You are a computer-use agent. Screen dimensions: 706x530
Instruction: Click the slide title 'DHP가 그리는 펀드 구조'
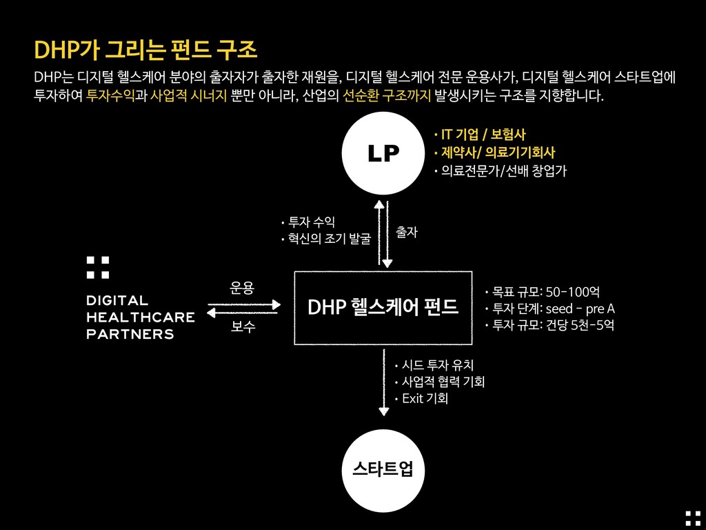tap(145, 50)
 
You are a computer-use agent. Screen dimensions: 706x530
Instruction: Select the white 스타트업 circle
tap(383, 471)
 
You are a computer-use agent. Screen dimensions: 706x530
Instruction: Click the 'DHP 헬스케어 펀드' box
tap(383, 308)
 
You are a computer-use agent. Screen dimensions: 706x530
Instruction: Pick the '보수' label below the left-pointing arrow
tap(243, 326)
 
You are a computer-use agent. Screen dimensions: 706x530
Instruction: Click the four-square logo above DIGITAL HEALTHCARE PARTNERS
tap(97, 268)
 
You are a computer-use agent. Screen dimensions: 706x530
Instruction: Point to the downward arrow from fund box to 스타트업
tap(384, 382)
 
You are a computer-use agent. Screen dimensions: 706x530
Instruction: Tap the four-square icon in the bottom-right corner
tap(693, 518)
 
